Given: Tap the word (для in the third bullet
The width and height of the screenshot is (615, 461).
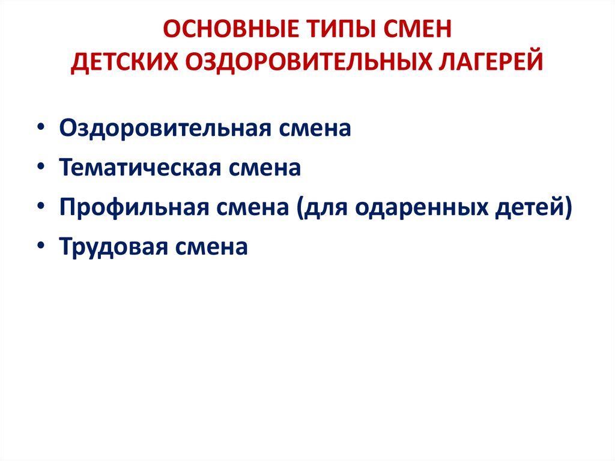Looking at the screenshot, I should [320, 207].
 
